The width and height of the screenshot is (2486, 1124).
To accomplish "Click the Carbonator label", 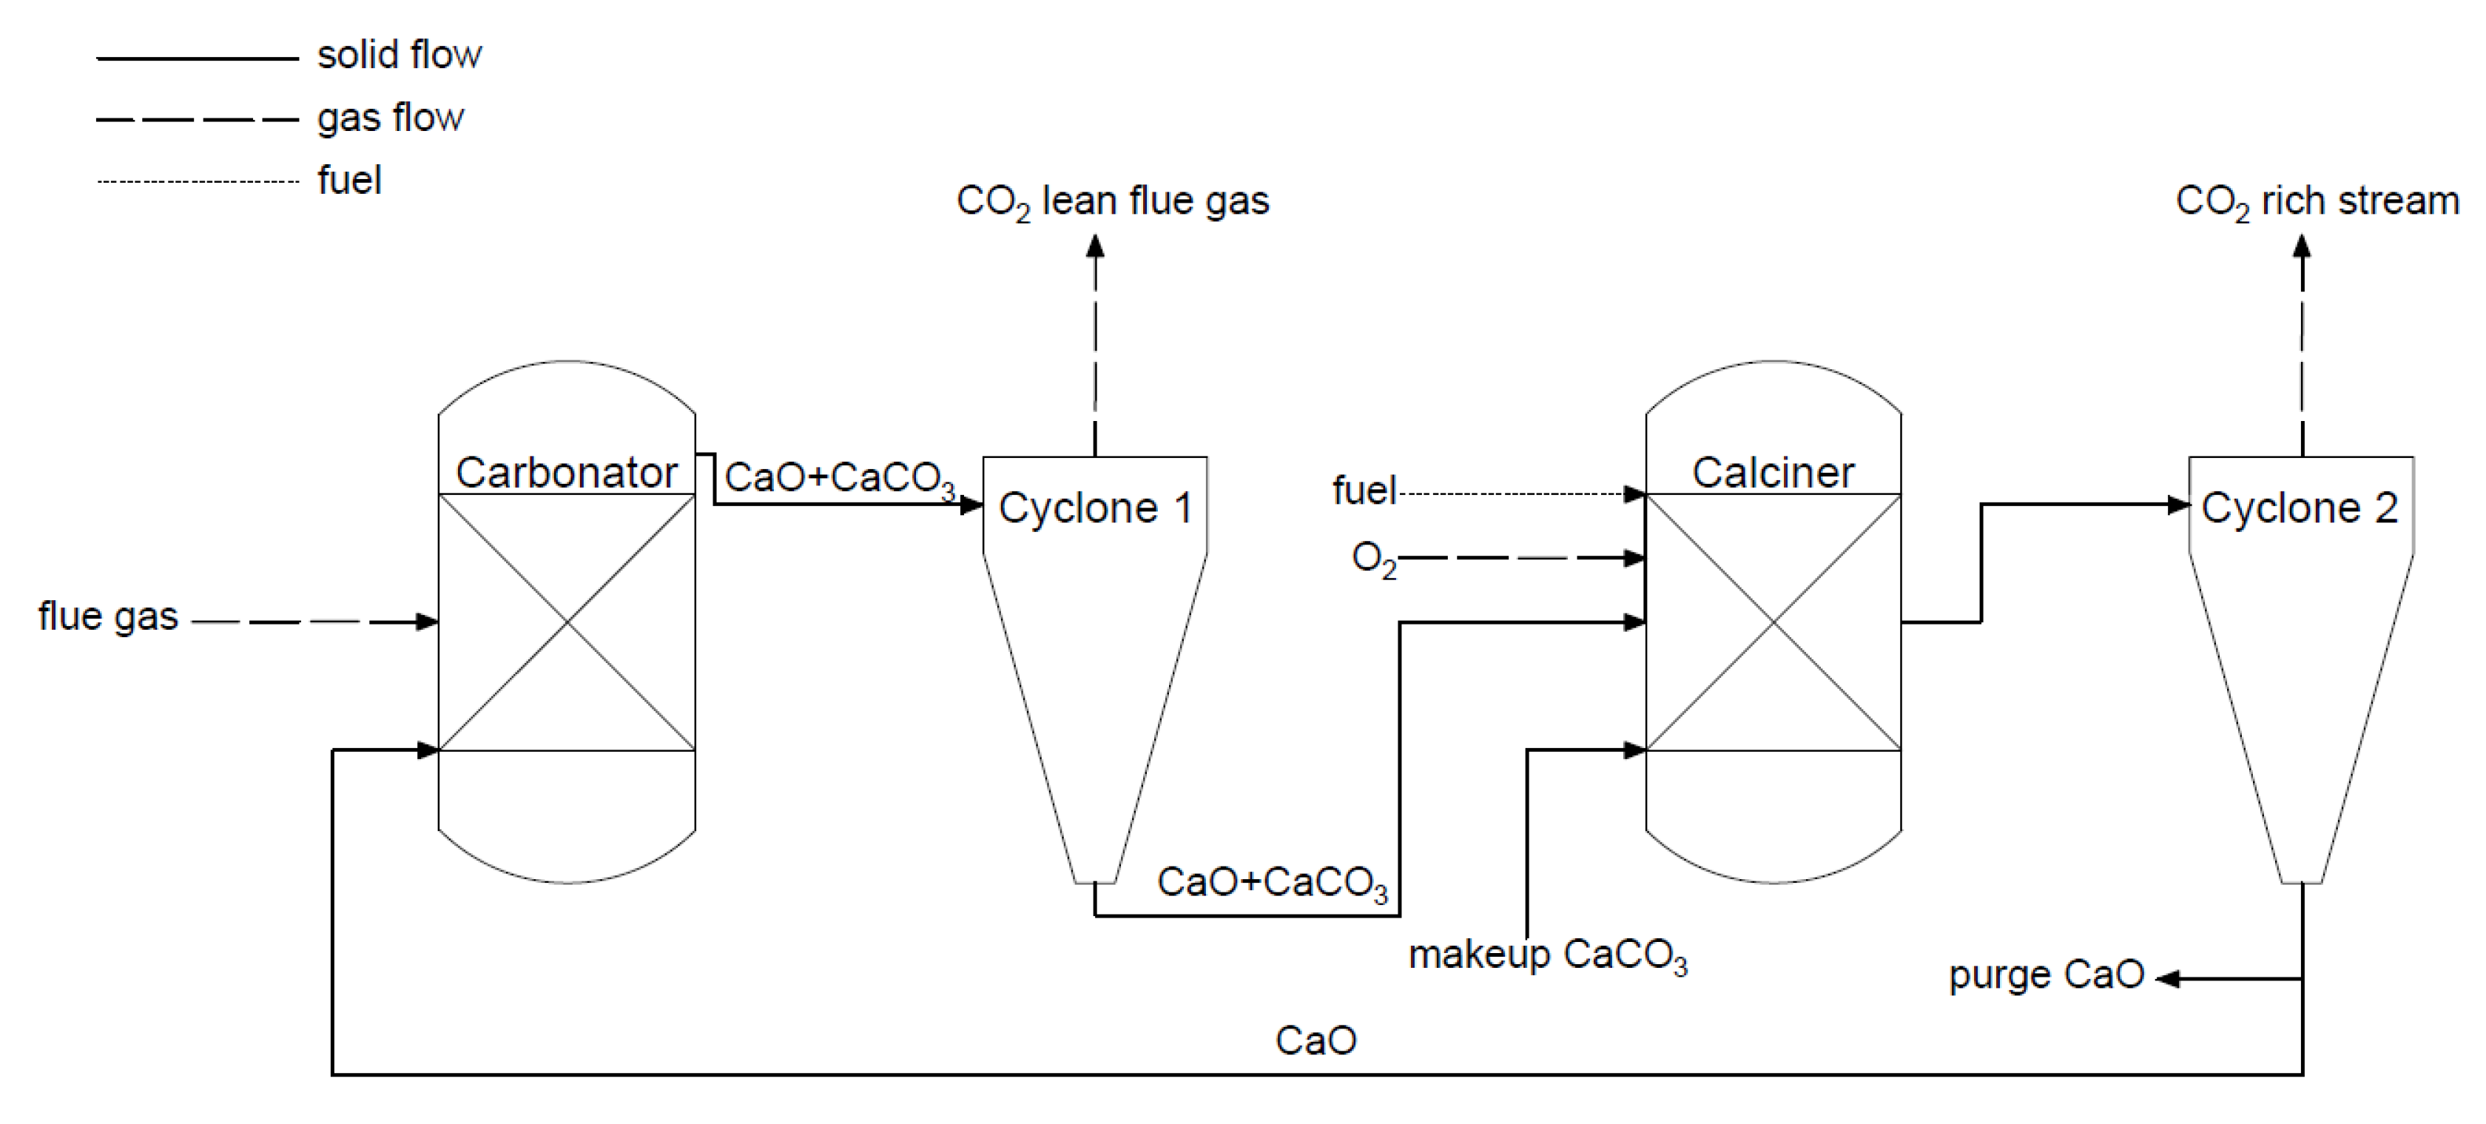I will (x=567, y=473).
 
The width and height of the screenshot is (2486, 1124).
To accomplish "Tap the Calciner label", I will (x=1773, y=473).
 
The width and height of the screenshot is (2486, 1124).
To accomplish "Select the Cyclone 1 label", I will (x=1095, y=508).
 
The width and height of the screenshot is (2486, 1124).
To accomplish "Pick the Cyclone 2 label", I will (x=2300, y=508).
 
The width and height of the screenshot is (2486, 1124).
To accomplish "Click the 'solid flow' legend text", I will (x=399, y=55).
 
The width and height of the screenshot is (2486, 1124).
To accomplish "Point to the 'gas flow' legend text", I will (x=390, y=118).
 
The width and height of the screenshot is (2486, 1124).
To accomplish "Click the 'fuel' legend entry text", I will (x=349, y=181).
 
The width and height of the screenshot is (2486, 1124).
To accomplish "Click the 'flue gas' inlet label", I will (x=108, y=616).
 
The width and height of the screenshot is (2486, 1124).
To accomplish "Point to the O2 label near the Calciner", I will (x=1373, y=559).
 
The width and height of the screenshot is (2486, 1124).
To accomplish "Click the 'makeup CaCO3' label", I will (x=1547, y=955).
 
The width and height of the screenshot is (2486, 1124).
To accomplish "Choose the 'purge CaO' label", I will (x=2046, y=975).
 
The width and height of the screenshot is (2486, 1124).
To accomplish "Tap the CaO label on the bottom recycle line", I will (x=1316, y=1040).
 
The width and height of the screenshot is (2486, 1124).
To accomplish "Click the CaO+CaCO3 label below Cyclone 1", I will (x=1271, y=882).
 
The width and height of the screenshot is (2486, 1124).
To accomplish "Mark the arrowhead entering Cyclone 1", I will (x=971, y=505).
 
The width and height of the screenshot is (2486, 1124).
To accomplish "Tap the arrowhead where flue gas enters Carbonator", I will (x=427, y=622).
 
